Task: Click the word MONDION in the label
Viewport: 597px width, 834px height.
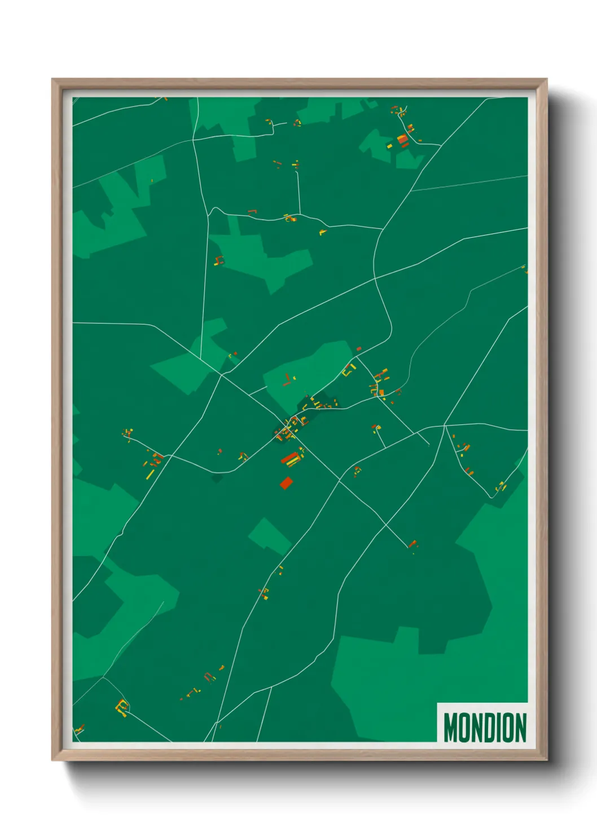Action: pos(485,727)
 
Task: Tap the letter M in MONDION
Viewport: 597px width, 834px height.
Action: pos(450,727)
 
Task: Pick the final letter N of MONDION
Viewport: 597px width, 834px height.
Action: pos(521,727)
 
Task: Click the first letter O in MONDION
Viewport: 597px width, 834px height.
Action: pos(465,727)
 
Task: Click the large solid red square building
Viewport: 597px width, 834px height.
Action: pos(287,482)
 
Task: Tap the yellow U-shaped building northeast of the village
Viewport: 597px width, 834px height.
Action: pos(349,370)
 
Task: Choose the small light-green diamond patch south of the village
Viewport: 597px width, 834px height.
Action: pos(270,535)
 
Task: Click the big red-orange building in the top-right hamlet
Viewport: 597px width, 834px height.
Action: pos(403,139)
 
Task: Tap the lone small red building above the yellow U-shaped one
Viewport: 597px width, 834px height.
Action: pos(358,349)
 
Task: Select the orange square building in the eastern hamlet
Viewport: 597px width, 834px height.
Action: pos(381,392)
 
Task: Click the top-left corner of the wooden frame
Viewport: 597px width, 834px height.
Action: pos(52,79)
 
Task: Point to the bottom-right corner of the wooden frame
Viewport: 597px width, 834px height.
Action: pos(546,760)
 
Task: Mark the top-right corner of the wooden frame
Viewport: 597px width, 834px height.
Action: pos(546,79)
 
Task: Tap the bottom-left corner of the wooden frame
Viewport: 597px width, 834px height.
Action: pos(52,760)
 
